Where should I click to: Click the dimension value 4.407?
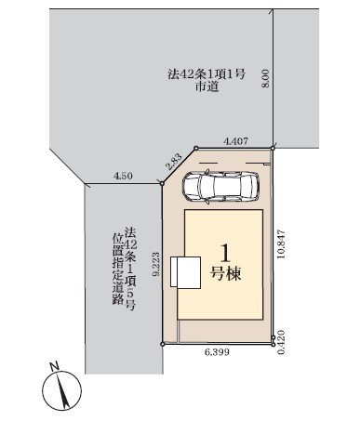click(x=236, y=141)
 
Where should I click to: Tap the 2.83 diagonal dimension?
click(x=175, y=162)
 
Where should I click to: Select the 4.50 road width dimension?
click(x=123, y=176)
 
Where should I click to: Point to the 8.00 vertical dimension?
click(x=266, y=78)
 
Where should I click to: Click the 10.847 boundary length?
click(x=281, y=244)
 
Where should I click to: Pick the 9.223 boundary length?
click(x=156, y=264)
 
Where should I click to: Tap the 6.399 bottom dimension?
click(x=217, y=352)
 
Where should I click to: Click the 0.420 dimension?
click(x=281, y=342)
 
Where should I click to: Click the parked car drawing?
click(x=220, y=188)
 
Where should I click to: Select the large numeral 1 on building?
click(x=225, y=253)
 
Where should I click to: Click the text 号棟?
click(x=225, y=274)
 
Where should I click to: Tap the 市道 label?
click(x=207, y=86)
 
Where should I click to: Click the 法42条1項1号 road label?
click(x=207, y=74)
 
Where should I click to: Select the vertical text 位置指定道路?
click(x=118, y=269)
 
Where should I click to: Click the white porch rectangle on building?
click(x=186, y=272)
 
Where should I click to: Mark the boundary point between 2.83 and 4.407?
click(x=195, y=149)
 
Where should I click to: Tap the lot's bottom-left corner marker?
click(x=163, y=344)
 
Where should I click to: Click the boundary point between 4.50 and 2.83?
click(x=162, y=184)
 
